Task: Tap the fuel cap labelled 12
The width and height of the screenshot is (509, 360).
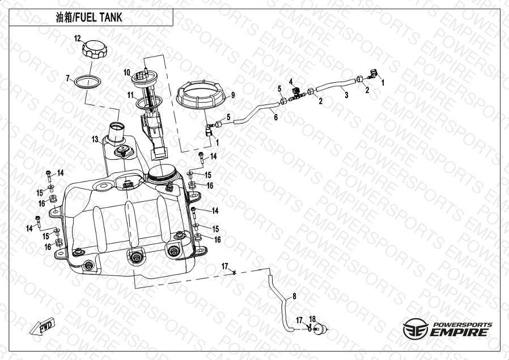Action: coord(95,49)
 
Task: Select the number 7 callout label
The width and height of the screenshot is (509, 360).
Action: coord(68,78)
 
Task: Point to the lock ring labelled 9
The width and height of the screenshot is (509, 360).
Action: coord(201,94)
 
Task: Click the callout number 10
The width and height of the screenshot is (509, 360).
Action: coord(127,73)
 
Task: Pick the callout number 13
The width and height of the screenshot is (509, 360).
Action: coord(95,139)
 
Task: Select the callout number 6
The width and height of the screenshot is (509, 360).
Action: coord(275,117)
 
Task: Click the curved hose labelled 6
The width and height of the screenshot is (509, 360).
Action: coord(256,113)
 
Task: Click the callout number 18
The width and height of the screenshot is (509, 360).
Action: coord(312,319)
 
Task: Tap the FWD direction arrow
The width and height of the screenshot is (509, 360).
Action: coord(43,326)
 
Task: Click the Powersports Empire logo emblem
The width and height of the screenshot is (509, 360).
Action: coord(415,329)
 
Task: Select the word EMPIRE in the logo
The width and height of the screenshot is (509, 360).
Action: coord(459,332)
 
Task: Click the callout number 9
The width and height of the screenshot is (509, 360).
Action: coord(233,95)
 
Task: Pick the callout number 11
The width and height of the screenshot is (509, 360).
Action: coord(130,95)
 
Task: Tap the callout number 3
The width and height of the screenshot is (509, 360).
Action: coord(346,95)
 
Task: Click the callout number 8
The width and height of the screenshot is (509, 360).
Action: coord(294,296)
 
